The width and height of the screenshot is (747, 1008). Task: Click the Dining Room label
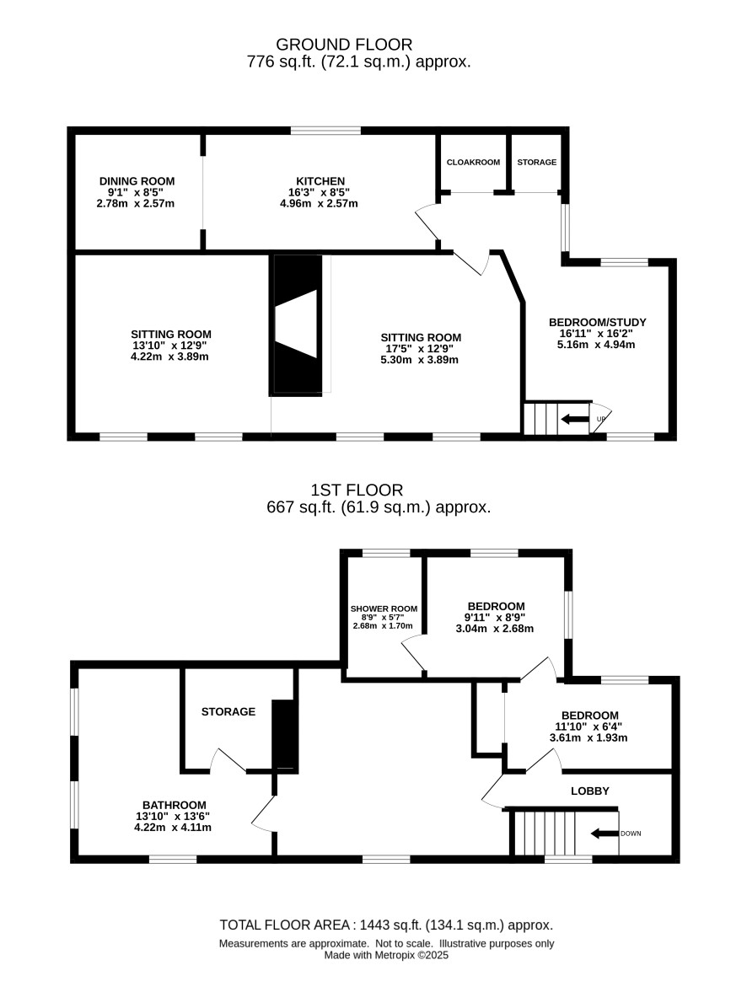pyautogui.click(x=137, y=181)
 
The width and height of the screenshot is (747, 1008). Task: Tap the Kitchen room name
pyautogui.click(x=320, y=181)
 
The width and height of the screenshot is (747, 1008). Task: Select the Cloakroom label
pyautogui.click(x=473, y=162)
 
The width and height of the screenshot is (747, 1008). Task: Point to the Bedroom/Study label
pyautogui.click(x=597, y=322)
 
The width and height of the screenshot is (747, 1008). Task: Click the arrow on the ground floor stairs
pyautogui.click(x=575, y=419)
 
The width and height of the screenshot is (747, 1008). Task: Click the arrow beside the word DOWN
pyautogui.click(x=605, y=834)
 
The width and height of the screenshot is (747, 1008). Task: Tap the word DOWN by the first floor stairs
pyautogui.click(x=631, y=834)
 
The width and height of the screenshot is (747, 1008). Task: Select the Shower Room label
pyautogui.click(x=384, y=609)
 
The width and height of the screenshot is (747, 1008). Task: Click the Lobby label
pyautogui.click(x=589, y=791)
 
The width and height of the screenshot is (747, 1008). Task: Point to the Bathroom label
pyautogui.click(x=175, y=805)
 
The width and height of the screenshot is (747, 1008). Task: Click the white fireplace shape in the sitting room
pyautogui.click(x=297, y=324)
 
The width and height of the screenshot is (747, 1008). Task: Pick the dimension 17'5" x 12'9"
pyautogui.click(x=421, y=349)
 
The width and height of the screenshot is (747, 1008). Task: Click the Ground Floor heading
pyautogui.click(x=344, y=45)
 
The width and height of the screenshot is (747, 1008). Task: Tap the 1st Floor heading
pyautogui.click(x=357, y=490)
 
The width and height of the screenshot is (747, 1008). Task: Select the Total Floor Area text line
pyautogui.click(x=386, y=925)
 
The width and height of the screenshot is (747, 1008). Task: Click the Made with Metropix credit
pyautogui.click(x=386, y=955)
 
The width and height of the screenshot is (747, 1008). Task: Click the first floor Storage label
pyautogui.click(x=228, y=711)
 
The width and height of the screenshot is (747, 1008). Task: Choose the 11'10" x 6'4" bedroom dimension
pyautogui.click(x=588, y=727)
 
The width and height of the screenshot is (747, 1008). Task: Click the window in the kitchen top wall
pyautogui.click(x=325, y=131)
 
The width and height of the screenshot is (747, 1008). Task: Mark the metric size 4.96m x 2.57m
pyautogui.click(x=319, y=204)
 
